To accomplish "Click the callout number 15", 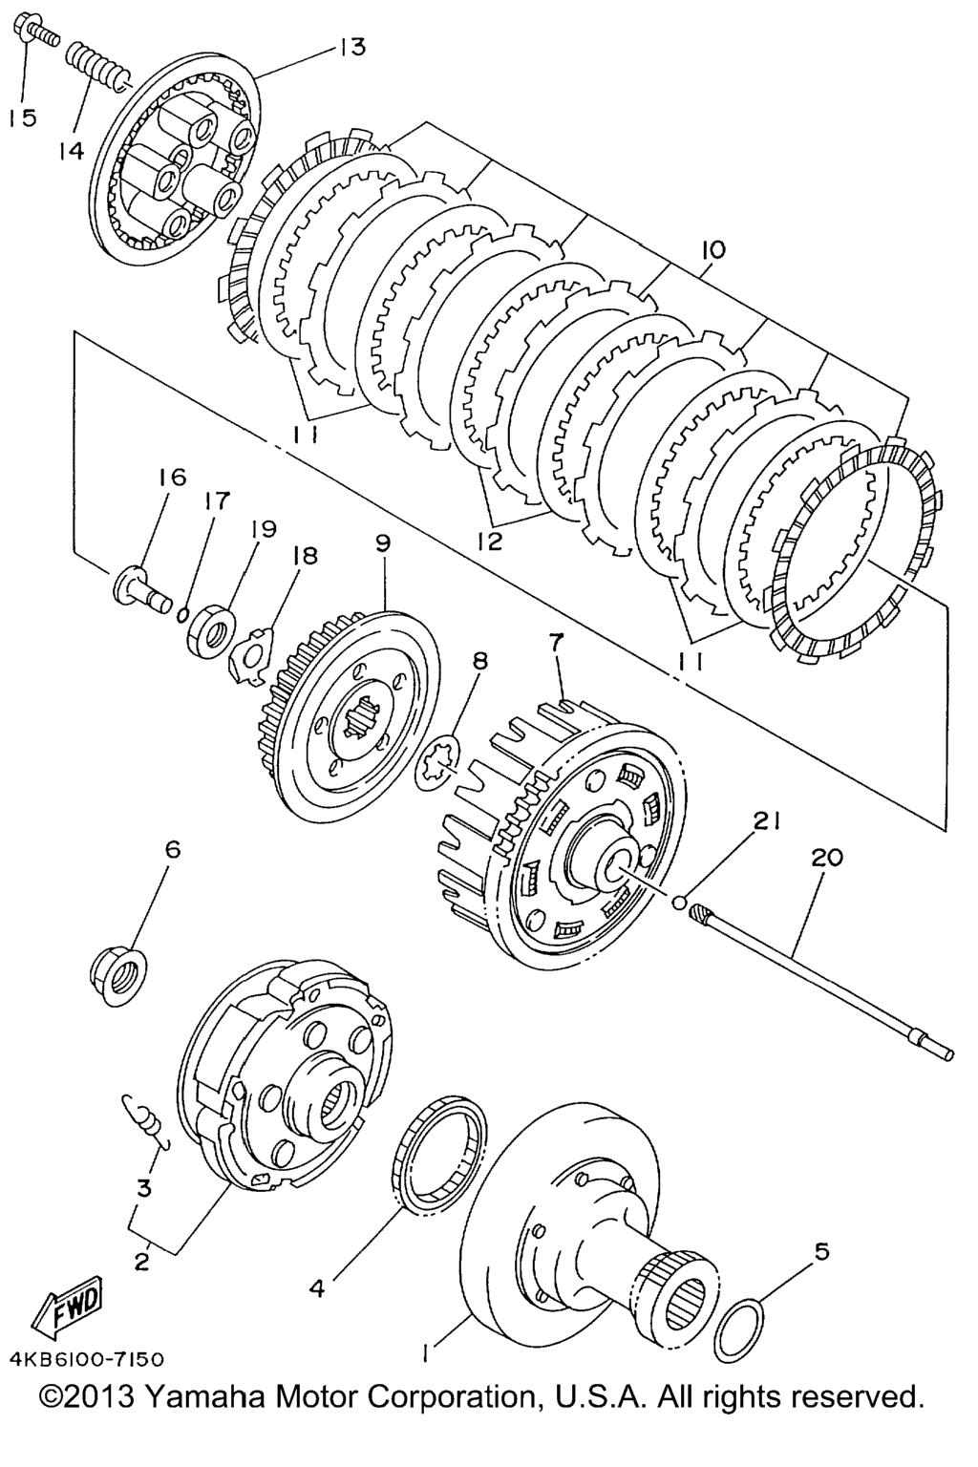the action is [22, 117].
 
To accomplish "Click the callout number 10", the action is [713, 249].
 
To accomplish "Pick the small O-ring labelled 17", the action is [184, 611].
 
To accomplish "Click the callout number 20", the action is [827, 857].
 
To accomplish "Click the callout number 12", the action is [490, 541].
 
